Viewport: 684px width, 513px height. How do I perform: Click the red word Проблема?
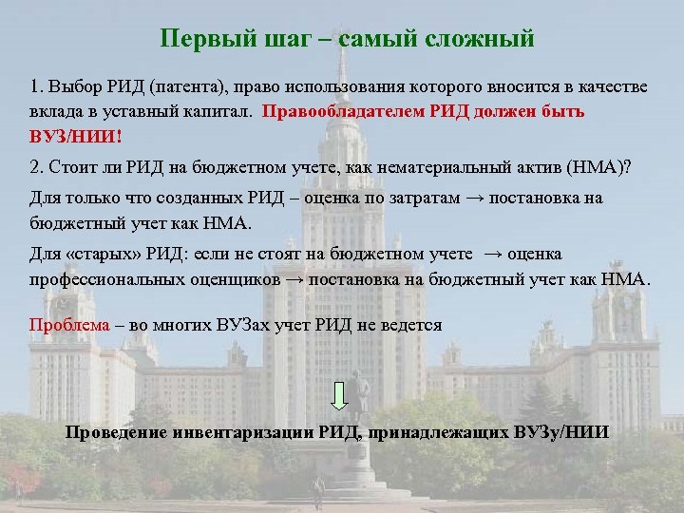(69, 324)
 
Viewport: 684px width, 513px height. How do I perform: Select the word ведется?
(412, 324)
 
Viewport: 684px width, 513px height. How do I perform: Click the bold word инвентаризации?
(241, 433)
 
